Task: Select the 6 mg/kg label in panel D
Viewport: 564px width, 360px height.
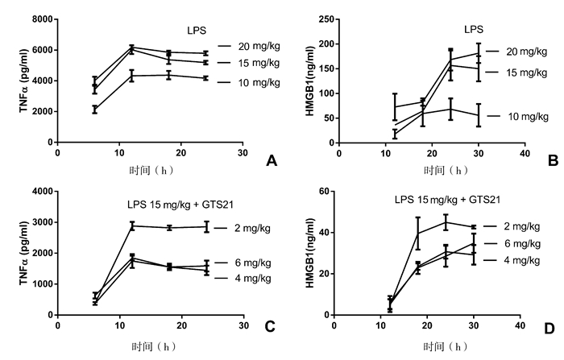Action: [521, 243]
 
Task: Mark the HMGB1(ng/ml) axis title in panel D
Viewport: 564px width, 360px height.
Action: [305, 251]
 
